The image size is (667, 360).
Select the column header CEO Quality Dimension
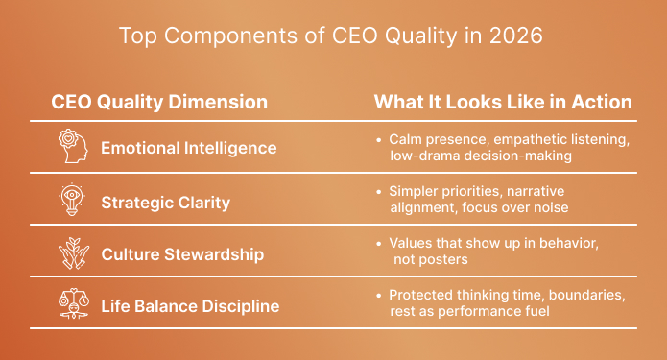click(159, 102)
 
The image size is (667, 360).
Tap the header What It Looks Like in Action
click(503, 102)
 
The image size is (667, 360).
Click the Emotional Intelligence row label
click(189, 148)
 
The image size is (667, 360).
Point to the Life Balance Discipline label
click(190, 306)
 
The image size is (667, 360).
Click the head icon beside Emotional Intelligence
click(73, 147)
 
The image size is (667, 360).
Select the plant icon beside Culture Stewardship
click(73, 253)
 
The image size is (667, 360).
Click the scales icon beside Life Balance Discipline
click(73, 306)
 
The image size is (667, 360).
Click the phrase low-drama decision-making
click(482, 156)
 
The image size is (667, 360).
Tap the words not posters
click(429, 260)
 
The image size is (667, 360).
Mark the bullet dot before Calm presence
click(380, 140)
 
